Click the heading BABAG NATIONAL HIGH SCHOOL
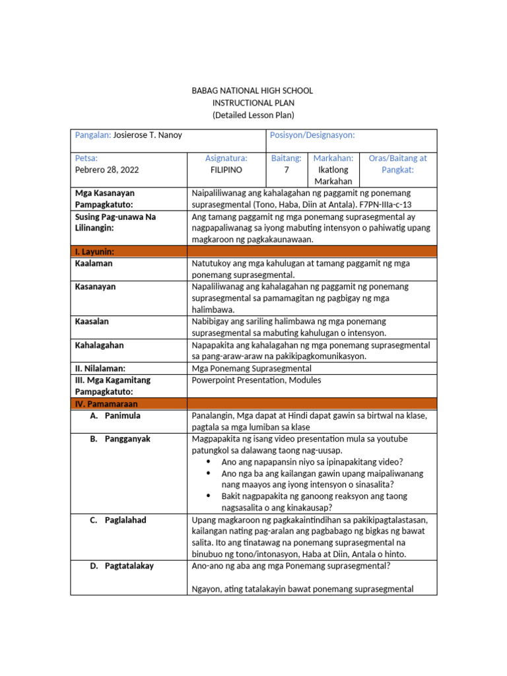click(x=253, y=90)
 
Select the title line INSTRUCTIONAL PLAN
click(x=253, y=103)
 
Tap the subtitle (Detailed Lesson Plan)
click(x=253, y=115)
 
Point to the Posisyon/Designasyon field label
click(x=312, y=135)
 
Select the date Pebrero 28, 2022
click(x=107, y=170)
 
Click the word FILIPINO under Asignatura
click(x=226, y=170)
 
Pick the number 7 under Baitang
click(x=287, y=170)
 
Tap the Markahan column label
click(x=333, y=158)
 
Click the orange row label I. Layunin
click(x=95, y=252)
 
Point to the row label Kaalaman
click(x=94, y=263)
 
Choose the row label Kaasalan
click(x=92, y=321)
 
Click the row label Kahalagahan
click(x=100, y=345)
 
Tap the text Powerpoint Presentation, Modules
click(x=256, y=380)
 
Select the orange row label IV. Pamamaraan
click(x=105, y=403)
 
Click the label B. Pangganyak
click(x=120, y=438)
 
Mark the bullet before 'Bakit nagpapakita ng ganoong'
click(x=209, y=496)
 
